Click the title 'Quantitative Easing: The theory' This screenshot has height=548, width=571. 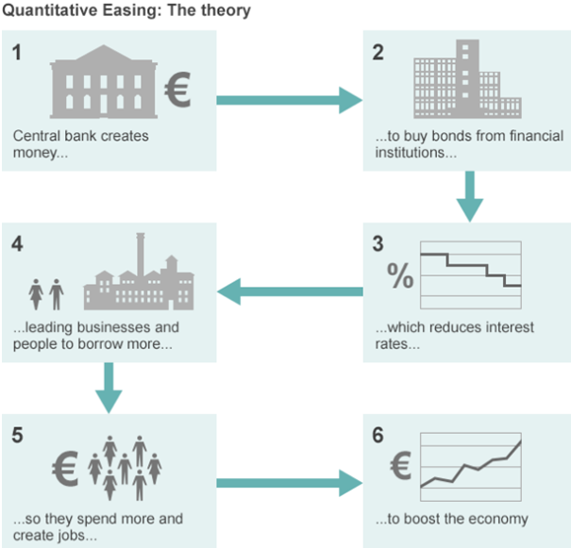[x=126, y=10]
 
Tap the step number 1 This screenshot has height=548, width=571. [x=17, y=53]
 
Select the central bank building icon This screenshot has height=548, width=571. [x=104, y=81]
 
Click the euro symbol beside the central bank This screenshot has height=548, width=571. [x=177, y=90]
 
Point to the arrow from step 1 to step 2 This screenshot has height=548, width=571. [x=290, y=100]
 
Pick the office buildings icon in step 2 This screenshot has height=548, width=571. [x=467, y=79]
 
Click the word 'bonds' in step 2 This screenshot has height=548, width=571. [x=451, y=136]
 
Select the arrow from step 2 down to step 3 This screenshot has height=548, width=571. [x=470, y=196]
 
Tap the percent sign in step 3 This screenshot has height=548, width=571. [x=400, y=275]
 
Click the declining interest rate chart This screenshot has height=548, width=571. [x=471, y=275]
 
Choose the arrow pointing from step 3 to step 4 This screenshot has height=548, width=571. [x=290, y=291]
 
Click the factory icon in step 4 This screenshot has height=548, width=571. [x=139, y=272]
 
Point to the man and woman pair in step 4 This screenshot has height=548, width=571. [x=46, y=294]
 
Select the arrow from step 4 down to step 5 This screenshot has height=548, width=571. [x=109, y=388]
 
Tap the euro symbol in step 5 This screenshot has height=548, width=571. [x=65, y=469]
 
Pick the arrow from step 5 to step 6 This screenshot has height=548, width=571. [x=290, y=483]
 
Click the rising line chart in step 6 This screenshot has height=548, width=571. [x=471, y=467]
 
